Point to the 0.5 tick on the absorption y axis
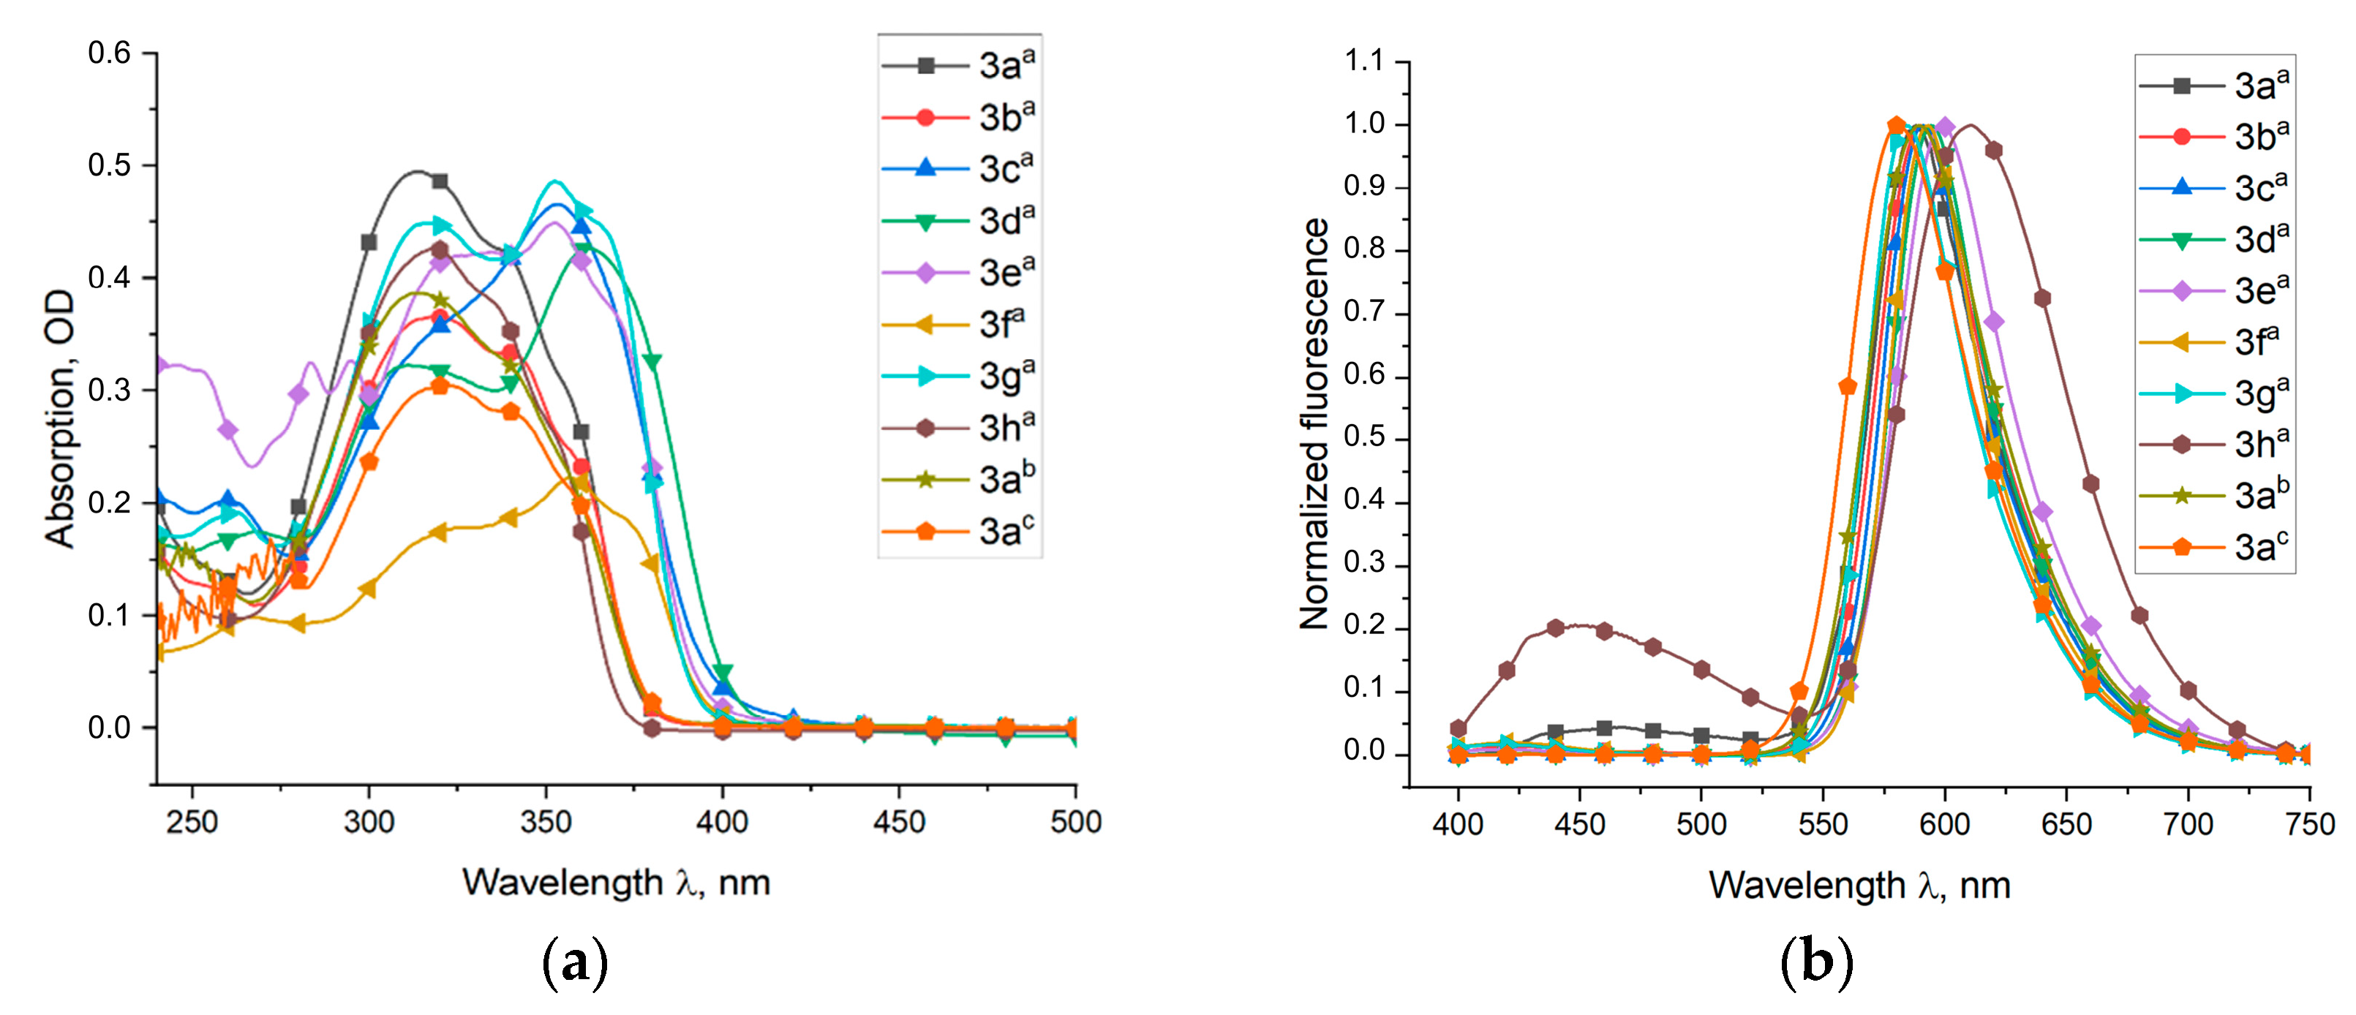click(x=109, y=165)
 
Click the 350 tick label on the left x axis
click(x=546, y=822)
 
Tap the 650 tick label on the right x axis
click(x=2066, y=825)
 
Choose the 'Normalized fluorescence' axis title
click(x=1314, y=423)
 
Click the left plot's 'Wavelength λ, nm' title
click(x=616, y=883)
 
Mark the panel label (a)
click(x=574, y=962)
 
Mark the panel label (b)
click(x=1816, y=962)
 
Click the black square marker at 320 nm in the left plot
click(x=440, y=181)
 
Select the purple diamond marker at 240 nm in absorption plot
click(x=159, y=366)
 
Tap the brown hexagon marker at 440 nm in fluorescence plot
click(x=1556, y=628)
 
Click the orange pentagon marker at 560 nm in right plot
click(x=1848, y=387)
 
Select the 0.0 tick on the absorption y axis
click(x=109, y=728)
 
